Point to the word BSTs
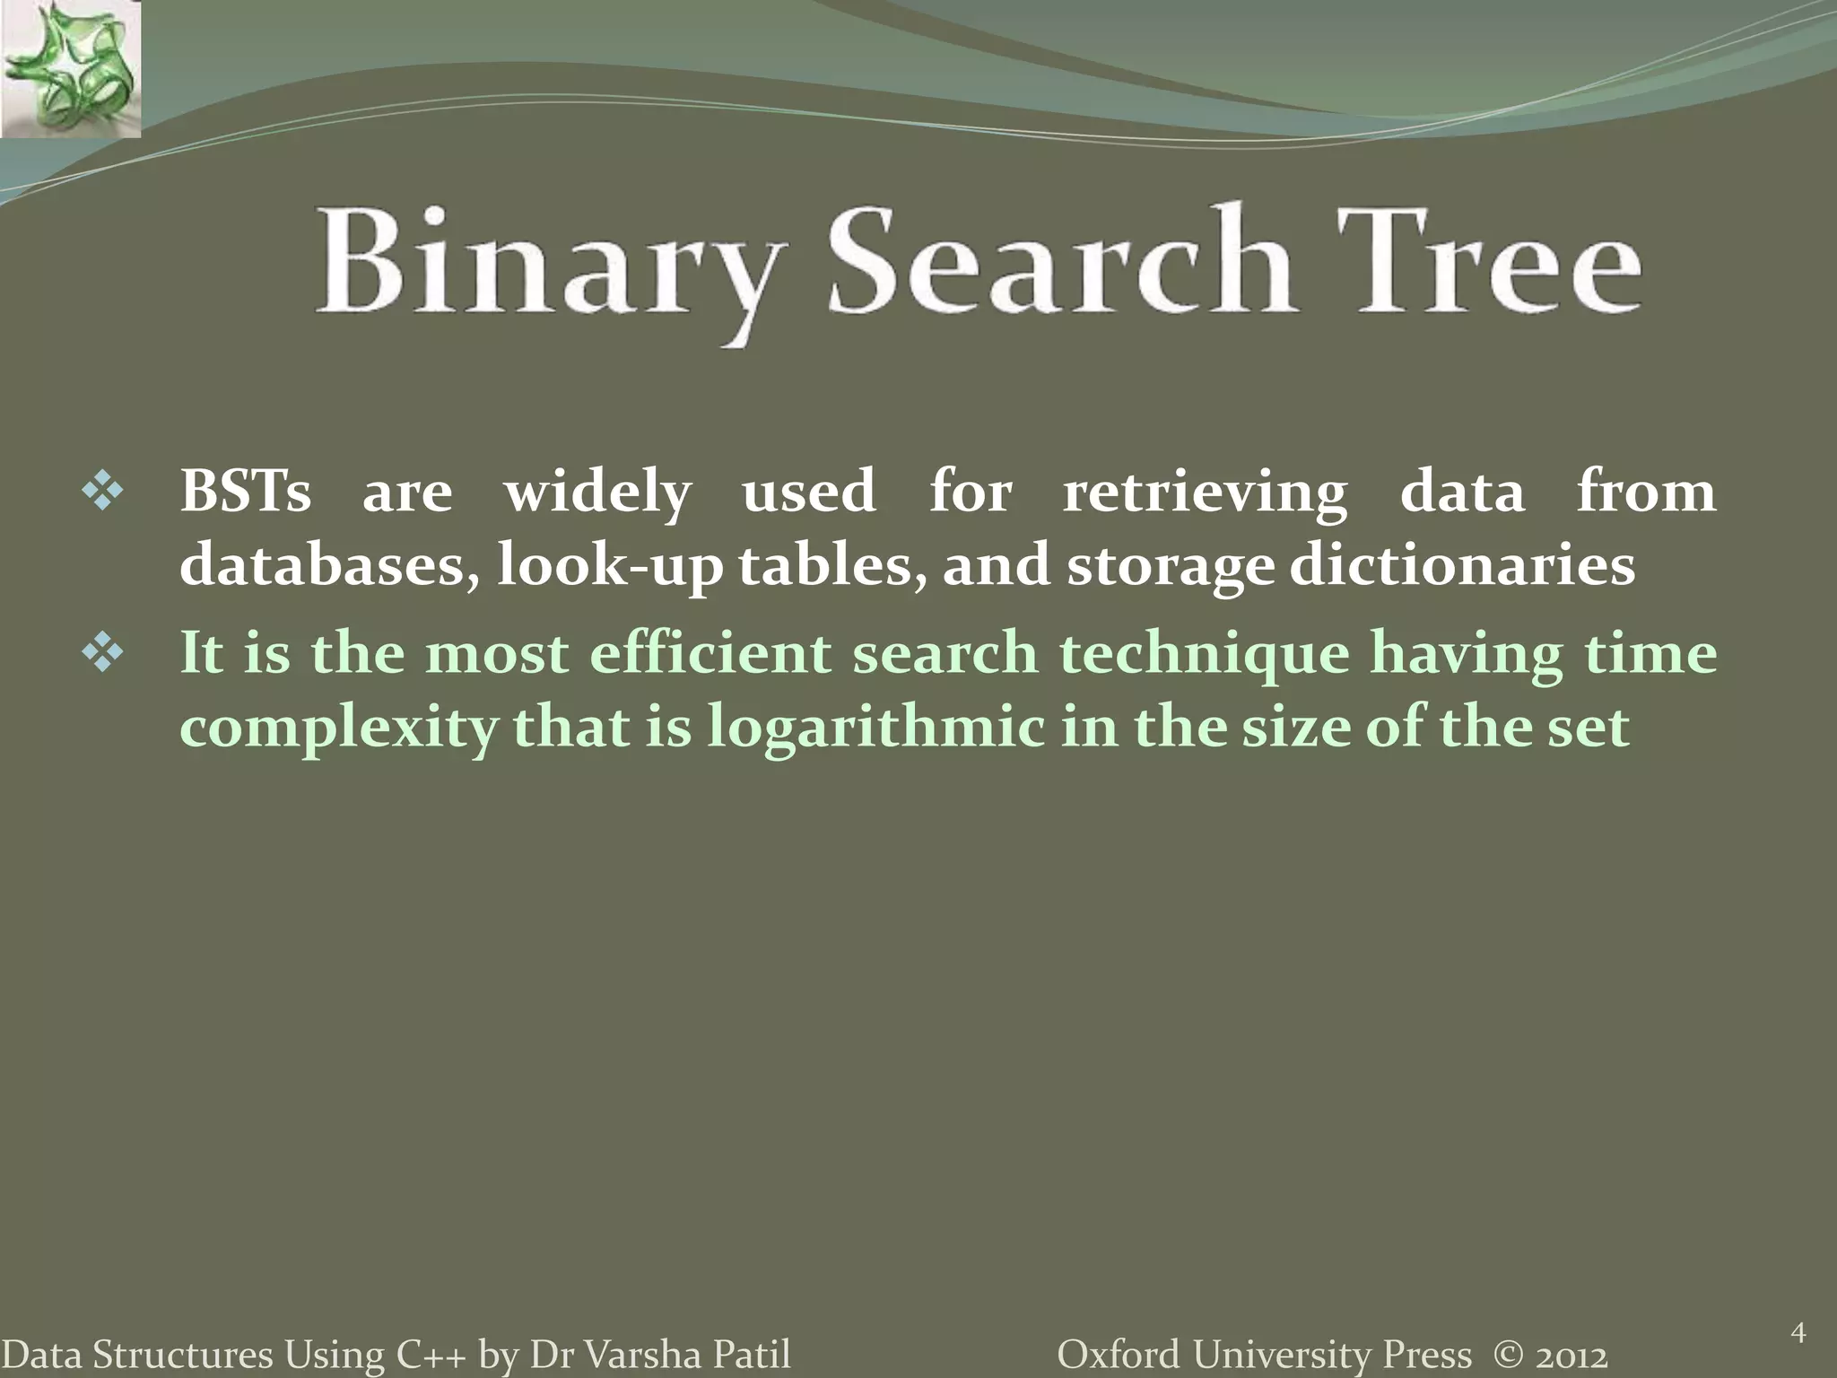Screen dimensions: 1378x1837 245,492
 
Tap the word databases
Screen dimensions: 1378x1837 328,566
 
